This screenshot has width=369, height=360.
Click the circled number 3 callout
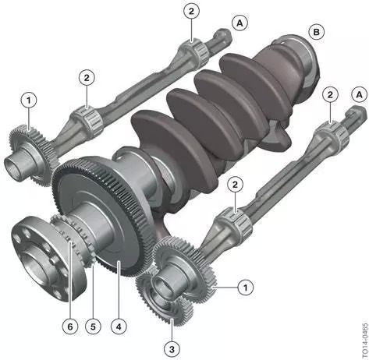click(x=172, y=349)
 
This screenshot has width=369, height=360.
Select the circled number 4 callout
click(x=119, y=326)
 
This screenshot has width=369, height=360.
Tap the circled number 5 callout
click(x=93, y=326)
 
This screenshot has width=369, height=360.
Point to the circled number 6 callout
click(x=70, y=326)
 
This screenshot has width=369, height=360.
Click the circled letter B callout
click(x=317, y=32)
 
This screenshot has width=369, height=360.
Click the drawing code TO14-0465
click(x=364, y=341)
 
